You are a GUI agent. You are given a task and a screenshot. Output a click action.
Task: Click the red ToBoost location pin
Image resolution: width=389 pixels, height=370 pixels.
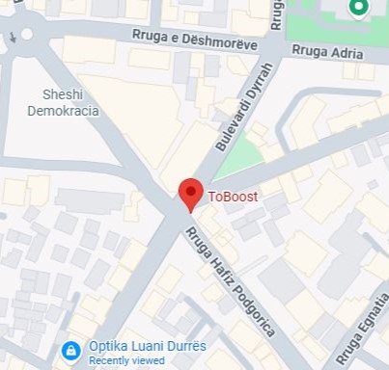pyautogui.click(x=190, y=194)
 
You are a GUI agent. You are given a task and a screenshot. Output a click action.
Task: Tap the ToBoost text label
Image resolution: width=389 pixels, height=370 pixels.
pyautogui.click(x=234, y=196)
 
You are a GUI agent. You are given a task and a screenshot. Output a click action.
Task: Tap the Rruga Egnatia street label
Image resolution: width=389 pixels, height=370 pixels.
pyautogui.click(x=362, y=332)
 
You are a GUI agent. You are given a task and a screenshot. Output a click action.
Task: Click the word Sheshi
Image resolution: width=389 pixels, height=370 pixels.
pyautogui.click(x=63, y=93)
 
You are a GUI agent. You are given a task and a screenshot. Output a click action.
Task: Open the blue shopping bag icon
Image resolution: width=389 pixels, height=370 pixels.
pyautogui.click(x=70, y=351)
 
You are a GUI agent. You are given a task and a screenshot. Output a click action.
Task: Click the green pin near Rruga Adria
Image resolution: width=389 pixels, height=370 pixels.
pyautogui.click(x=360, y=9)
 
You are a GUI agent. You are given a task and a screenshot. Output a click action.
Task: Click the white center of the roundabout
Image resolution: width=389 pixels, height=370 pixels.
pyautogui.click(x=26, y=35)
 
